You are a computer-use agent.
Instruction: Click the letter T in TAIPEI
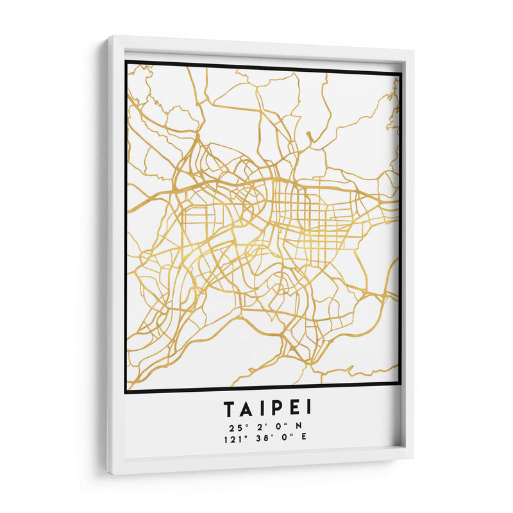pos(230,408)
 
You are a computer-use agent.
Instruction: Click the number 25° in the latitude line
pos(234,426)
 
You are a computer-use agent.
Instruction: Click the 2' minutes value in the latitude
pos(259,426)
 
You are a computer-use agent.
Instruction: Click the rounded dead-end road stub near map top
pos(308,135)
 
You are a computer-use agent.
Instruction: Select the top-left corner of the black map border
pos(126,62)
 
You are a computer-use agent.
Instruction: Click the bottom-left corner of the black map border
pos(126,391)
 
